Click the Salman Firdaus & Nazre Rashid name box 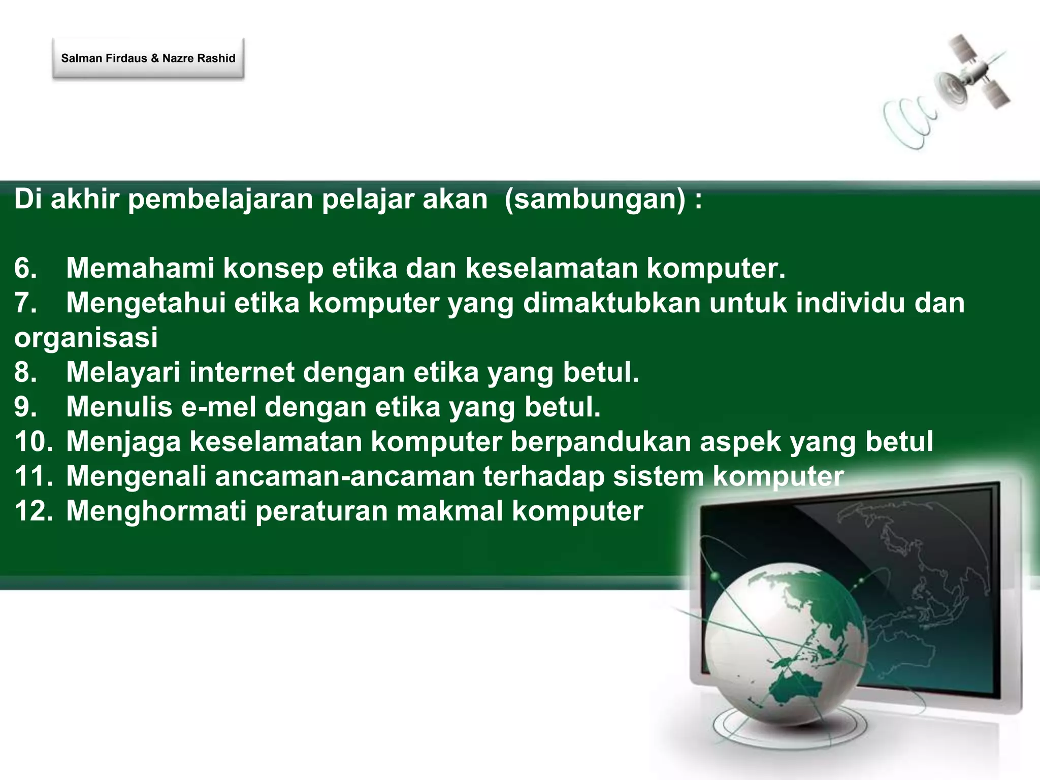[x=148, y=58]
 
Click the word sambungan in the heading [x=595, y=199]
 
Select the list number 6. [x=25, y=268]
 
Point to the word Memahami [x=140, y=268]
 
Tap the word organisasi [x=86, y=338]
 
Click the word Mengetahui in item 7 [x=146, y=303]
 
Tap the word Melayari [x=123, y=372]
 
